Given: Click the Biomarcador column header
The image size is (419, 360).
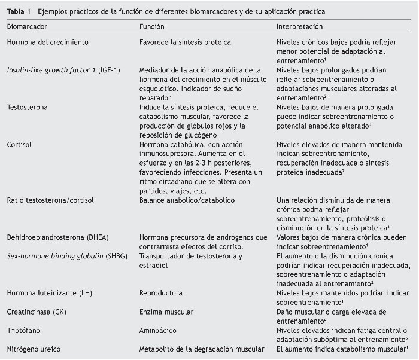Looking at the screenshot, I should [x=27, y=27].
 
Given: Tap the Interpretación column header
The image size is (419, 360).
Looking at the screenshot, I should [x=299, y=27].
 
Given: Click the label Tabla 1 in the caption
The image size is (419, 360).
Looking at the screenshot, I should [x=19, y=12].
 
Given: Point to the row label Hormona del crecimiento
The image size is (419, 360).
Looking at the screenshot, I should [x=47, y=42].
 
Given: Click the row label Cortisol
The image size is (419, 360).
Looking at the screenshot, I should [x=19, y=144].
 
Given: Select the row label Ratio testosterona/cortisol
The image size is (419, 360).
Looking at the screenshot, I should [x=51, y=200].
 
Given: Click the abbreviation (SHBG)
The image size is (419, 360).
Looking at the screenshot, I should [x=109, y=256].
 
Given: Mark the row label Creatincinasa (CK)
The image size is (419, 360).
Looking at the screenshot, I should [x=37, y=312].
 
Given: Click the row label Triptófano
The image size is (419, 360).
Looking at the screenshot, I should [x=23, y=330].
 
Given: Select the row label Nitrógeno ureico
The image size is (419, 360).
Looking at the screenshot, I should [x=34, y=349].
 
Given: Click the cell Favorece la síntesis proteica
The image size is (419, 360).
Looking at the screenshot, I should [x=185, y=42].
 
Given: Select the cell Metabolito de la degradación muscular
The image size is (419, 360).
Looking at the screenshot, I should [x=201, y=349].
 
